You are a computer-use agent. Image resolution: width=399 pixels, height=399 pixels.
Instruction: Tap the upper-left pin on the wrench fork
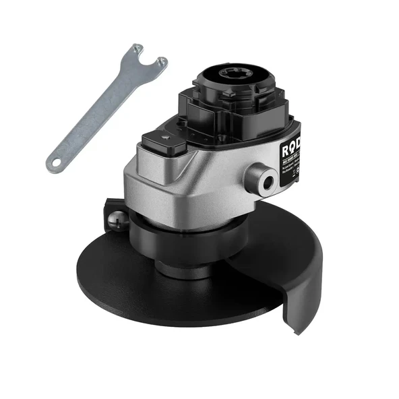[x=137, y=49]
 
